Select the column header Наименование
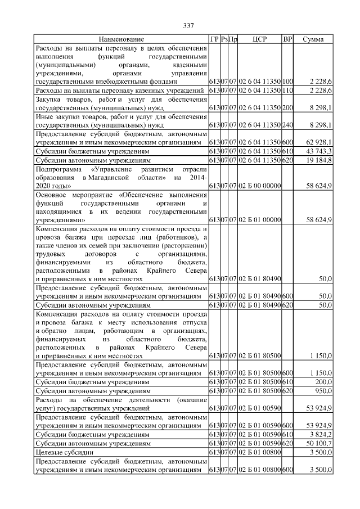[x=121, y=39]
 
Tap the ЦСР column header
[x=260, y=39]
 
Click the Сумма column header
[x=313, y=39]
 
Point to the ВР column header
[x=287, y=39]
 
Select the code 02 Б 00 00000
[x=259, y=185]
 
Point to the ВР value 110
[x=287, y=90]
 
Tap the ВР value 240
[x=287, y=125]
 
